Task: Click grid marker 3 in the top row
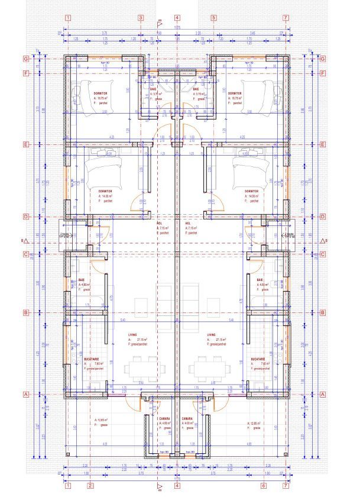141,18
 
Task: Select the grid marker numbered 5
213,18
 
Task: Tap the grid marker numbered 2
90,486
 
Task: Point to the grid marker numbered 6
263,486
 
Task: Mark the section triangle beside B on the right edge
324,241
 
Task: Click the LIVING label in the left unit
132,334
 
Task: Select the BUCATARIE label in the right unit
258,359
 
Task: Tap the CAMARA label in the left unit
164,418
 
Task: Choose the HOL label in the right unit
189,223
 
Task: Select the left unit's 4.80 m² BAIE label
82,280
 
